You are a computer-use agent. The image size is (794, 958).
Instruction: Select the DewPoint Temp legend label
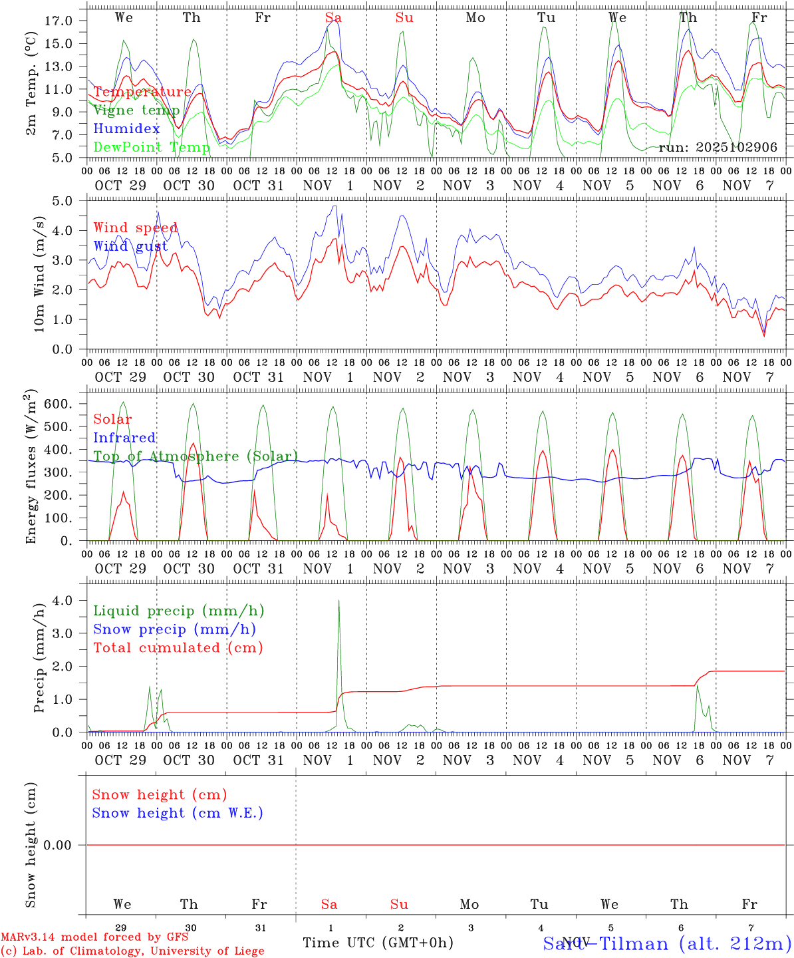(x=152, y=147)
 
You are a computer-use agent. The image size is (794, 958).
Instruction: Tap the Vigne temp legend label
(x=136, y=110)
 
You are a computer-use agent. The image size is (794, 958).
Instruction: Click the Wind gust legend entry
(x=130, y=246)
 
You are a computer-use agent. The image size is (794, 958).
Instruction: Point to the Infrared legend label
(x=124, y=438)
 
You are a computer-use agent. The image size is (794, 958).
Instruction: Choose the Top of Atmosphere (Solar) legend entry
(x=195, y=456)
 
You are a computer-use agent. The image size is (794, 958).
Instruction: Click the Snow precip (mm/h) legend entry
(x=174, y=629)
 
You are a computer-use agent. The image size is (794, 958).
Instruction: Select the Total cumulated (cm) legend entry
(x=178, y=648)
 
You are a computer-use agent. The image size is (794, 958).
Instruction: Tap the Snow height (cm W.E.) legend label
(x=178, y=813)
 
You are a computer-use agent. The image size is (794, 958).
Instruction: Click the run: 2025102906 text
(x=718, y=147)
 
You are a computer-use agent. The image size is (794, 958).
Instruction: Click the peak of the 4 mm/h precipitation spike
(x=339, y=601)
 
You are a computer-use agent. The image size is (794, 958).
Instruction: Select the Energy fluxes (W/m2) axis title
(x=31, y=468)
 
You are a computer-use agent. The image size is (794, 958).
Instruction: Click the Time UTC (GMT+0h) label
(x=378, y=943)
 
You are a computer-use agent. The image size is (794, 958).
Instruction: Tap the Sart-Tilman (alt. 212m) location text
(x=667, y=943)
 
